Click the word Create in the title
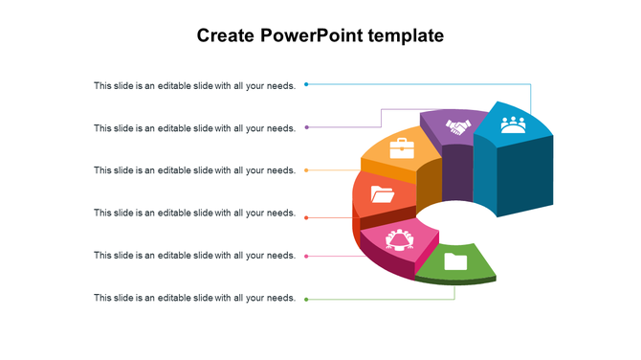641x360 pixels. pos(226,36)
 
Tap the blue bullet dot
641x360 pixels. pos(306,84)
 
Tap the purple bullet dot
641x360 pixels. pos(306,127)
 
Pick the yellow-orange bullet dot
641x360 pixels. pos(306,170)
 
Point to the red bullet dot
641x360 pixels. pos(306,218)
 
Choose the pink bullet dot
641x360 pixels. pos(306,256)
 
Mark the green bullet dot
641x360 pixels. pos(306,300)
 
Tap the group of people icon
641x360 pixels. pos(514,124)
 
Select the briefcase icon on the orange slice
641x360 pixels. pos(402,148)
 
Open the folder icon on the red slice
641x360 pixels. pos(383,194)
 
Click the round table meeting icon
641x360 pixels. pos(399,239)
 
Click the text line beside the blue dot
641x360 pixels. pos(194,85)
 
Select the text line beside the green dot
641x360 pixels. pos(194,298)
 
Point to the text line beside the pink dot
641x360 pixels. pos(194,256)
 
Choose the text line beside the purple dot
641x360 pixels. pos(194,128)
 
